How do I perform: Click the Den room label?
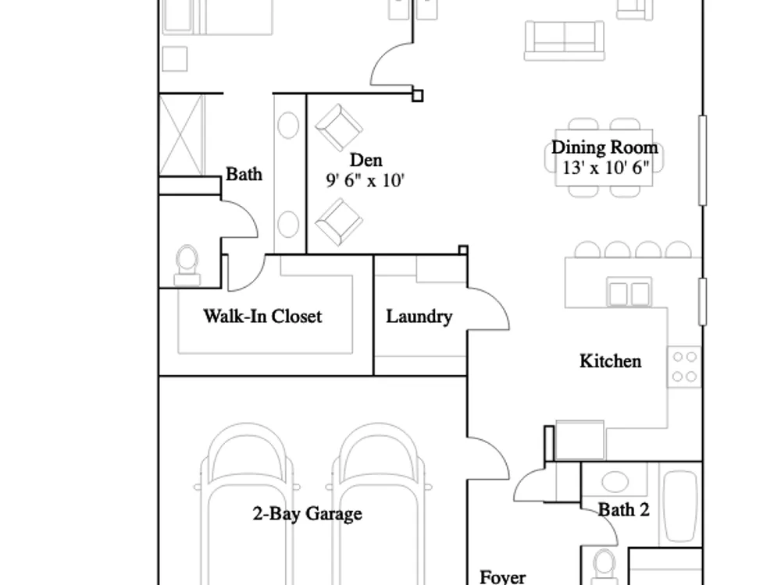[x=366, y=160]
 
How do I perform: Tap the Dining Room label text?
[x=604, y=147]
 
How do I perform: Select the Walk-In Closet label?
[x=262, y=317]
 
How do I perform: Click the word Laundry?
[x=419, y=317]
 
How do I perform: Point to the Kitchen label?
[x=610, y=361]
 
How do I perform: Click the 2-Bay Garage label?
[x=307, y=513]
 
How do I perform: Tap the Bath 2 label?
[x=623, y=510]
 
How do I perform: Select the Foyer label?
[x=502, y=577]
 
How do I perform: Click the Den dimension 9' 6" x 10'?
[x=365, y=180]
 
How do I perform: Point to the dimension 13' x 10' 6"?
[x=606, y=168]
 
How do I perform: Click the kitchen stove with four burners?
[x=684, y=367]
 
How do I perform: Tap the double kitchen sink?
[x=629, y=292]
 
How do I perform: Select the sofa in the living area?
[x=565, y=41]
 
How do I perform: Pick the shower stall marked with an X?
[x=182, y=135]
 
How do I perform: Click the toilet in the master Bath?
[x=187, y=266]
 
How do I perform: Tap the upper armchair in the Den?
[x=339, y=127]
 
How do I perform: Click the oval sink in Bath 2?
[x=615, y=481]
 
